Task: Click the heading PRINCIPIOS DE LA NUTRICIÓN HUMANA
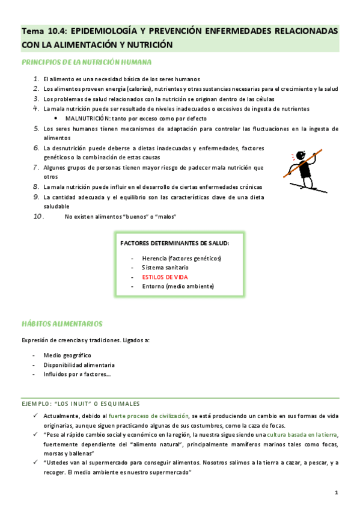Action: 86,62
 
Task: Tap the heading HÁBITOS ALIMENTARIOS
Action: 62,324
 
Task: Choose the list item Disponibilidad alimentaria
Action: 79,365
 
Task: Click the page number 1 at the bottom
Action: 337,493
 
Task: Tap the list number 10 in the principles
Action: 38,217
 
